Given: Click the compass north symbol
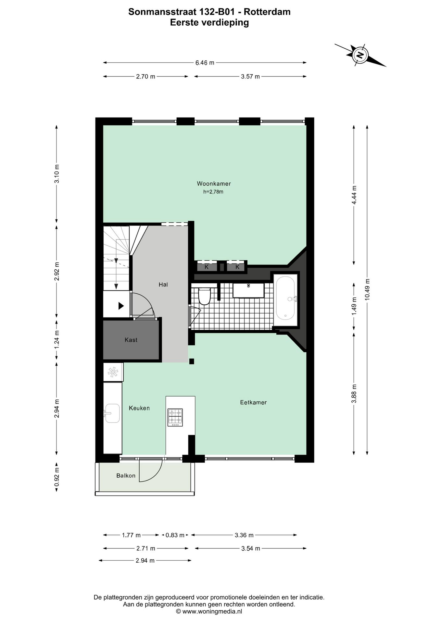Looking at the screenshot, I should tap(360, 55).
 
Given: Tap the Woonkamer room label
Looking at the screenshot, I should tap(214, 184).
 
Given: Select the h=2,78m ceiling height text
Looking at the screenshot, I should tap(213, 192).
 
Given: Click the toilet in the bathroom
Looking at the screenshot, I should tap(205, 296).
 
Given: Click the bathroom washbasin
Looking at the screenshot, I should tap(248, 290).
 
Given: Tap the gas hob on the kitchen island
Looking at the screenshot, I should tap(175, 417).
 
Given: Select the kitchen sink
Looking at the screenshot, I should tap(112, 413).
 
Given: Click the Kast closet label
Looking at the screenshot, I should tap(131, 340).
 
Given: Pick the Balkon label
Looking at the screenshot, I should tap(126, 476).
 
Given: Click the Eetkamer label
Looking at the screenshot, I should tap(253, 402).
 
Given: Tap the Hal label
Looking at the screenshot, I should tap(163, 285).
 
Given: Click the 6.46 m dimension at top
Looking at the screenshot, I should tap(205, 63).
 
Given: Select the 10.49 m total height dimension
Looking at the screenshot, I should tap(367, 289).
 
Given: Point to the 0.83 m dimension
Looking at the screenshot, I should tap(175, 535).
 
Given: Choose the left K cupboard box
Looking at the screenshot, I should tap(207, 267).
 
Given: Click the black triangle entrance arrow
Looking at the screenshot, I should tap(121, 306).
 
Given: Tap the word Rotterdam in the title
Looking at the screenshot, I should tap(267, 12).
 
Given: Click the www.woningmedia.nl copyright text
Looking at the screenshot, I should tap(209, 611).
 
